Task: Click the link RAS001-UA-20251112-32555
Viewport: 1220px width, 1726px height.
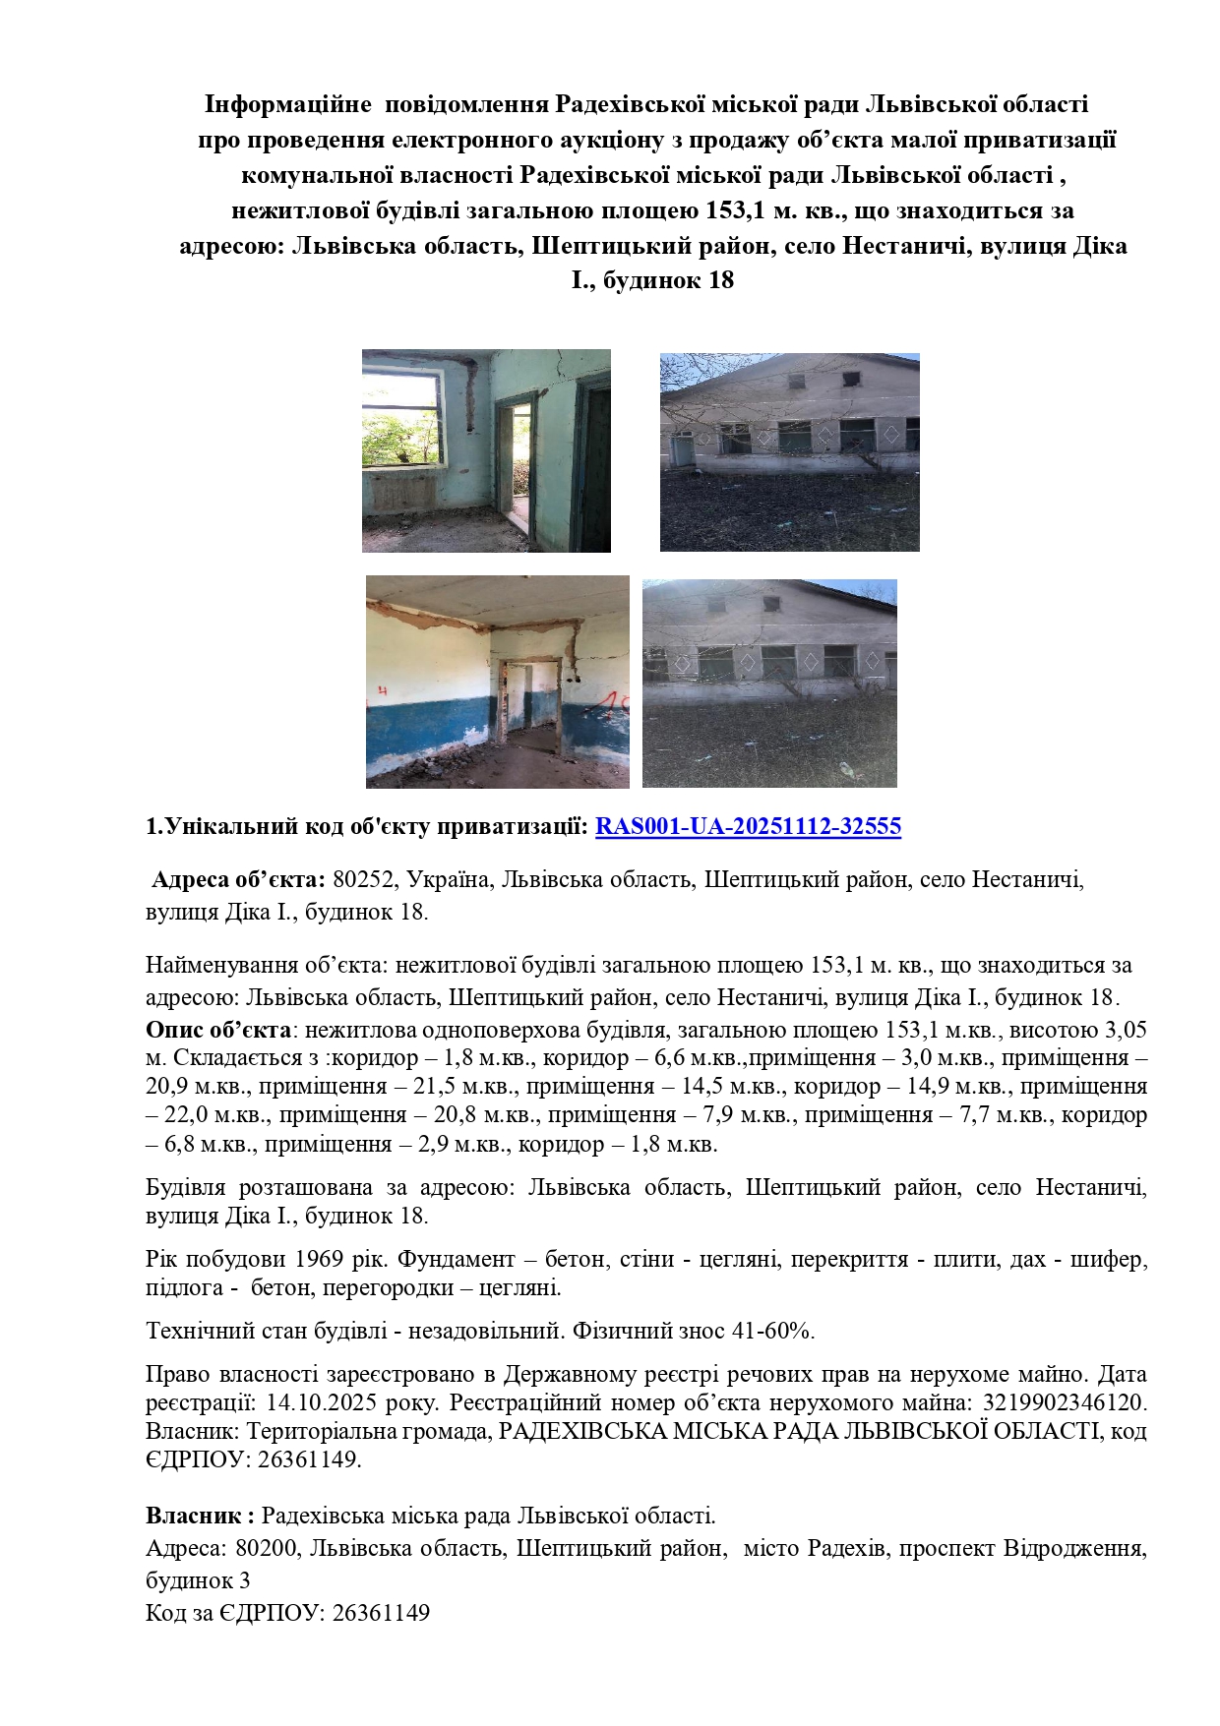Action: tap(748, 826)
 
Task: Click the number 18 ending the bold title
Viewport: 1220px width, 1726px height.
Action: tap(720, 280)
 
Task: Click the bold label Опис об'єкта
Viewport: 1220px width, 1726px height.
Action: tap(218, 1030)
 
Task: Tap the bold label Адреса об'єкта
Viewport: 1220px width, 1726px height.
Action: tap(238, 878)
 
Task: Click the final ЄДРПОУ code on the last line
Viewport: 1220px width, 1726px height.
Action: tap(381, 1613)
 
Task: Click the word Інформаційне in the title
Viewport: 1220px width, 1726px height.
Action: tap(287, 104)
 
